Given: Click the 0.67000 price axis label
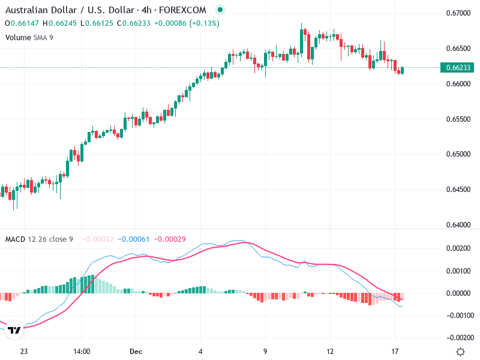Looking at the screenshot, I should click(459, 13).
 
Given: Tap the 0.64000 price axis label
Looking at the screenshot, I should click(459, 225).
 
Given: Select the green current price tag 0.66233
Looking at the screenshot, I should click(458, 67).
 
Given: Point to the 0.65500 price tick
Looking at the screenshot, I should click(459, 119).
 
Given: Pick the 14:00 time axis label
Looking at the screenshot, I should click(82, 352).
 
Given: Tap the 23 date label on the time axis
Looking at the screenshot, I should click(24, 352).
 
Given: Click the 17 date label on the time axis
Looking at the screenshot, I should click(395, 352).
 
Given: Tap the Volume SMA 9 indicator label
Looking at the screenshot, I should click(29, 37).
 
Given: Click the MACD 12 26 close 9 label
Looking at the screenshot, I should click(39, 239).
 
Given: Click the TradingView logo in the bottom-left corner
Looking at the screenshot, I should click(15, 330).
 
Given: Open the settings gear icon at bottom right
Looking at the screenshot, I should click(460, 352).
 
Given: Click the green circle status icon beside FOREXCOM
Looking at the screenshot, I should click(220, 10).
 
